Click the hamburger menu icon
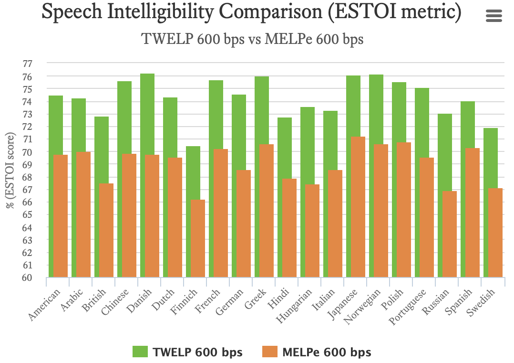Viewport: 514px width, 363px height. (x=493, y=16)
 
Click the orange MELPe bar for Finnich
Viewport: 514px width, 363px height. (x=198, y=239)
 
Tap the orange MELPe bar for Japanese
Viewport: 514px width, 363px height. (x=358, y=205)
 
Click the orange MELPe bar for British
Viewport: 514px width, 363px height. (x=106, y=229)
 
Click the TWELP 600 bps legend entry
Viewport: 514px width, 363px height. (x=187, y=352)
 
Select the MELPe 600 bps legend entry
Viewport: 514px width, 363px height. (x=316, y=352)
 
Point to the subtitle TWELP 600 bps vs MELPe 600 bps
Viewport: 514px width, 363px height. (x=253, y=39)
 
